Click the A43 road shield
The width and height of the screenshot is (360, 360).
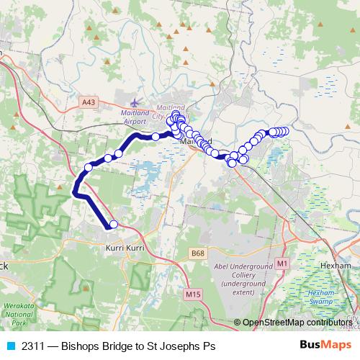pos(89,103)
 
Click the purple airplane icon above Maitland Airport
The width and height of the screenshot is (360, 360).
pos(138,102)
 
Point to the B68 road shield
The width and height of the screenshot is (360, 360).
pos(197,253)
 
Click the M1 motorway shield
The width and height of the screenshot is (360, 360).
pos(282,264)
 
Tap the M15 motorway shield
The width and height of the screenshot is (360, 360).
pos(192,294)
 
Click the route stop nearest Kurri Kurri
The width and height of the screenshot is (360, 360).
pos(113,224)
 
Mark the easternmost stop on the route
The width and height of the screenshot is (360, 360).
pos(285,131)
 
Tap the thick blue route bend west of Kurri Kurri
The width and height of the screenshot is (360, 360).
pos(76,191)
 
